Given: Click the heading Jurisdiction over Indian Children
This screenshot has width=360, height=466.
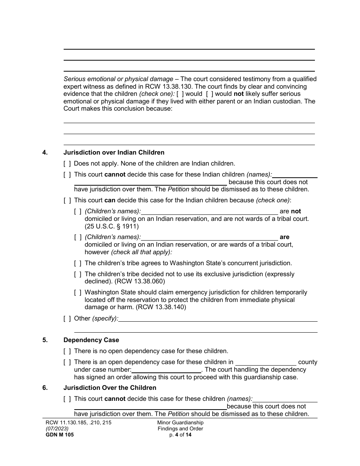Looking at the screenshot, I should click(114, 153).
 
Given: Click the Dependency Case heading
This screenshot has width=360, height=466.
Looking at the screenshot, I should click(91, 340).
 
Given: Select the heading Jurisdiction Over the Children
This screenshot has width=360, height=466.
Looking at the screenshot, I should click(110, 388).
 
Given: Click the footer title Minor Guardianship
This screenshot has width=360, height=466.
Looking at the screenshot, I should click(180, 423).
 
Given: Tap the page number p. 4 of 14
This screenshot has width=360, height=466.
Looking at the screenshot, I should click(180, 435).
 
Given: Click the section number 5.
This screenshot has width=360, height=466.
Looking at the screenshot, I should click(45, 340).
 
